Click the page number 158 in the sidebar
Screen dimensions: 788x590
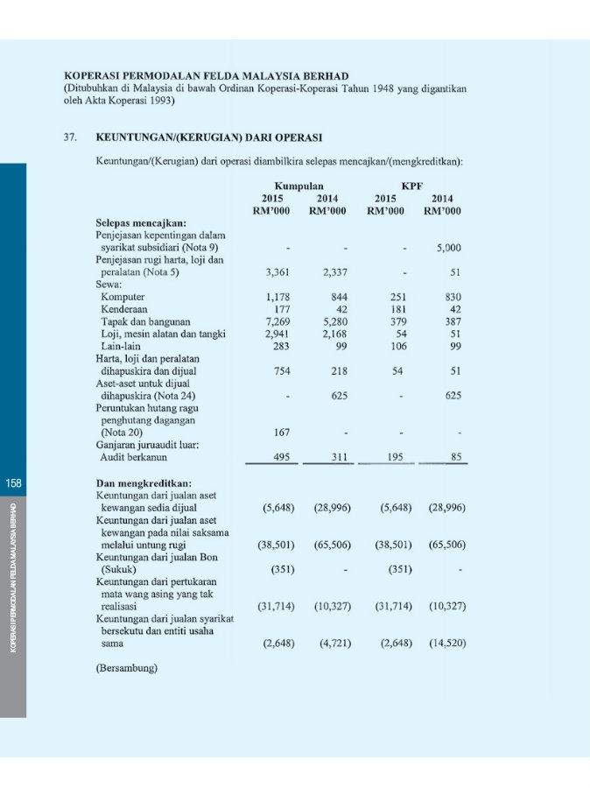13,483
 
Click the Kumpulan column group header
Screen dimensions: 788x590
299,186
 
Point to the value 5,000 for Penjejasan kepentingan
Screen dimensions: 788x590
448,248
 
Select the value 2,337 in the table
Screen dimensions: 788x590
334,272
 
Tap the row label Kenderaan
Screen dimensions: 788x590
124,309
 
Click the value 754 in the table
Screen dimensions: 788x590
282,370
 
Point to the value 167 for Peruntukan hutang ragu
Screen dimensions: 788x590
282,432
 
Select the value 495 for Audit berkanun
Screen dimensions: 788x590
282,456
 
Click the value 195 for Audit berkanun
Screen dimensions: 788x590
396,456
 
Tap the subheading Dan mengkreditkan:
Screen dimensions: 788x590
144,482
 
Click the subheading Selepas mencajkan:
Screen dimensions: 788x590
140,223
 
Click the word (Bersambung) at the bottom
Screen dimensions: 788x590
126,668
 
